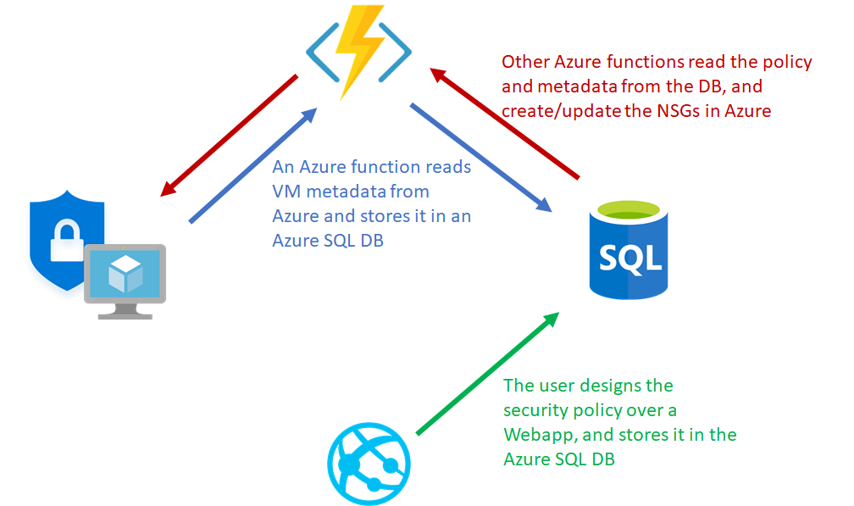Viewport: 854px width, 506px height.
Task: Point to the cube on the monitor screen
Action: (x=125, y=272)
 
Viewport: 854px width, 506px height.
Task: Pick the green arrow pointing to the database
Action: (x=488, y=373)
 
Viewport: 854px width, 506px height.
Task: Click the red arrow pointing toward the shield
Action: (x=228, y=136)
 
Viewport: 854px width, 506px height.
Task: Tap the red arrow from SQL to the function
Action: (x=505, y=124)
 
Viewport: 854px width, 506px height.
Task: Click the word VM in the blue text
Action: (x=286, y=192)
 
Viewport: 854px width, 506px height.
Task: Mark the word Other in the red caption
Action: (x=524, y=62)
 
